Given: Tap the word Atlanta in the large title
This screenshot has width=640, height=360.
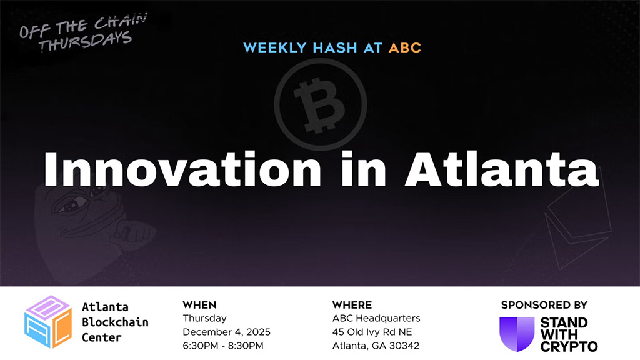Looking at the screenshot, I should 502,169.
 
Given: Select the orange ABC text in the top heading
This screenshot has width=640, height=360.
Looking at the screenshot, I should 405,47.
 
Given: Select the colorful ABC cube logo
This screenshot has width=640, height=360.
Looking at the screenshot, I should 47,322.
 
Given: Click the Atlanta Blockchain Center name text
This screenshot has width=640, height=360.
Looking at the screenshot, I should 115,322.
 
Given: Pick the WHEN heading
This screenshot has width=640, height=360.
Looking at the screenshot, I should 199,305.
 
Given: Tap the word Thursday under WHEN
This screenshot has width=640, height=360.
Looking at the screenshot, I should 204,319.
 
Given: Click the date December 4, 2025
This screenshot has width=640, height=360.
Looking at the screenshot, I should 226,332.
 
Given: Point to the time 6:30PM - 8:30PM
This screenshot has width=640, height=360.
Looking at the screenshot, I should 222,346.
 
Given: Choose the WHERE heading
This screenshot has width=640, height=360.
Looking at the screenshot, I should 352,305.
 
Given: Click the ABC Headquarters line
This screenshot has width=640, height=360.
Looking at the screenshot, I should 376,319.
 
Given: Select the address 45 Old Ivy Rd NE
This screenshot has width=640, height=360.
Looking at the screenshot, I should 372,332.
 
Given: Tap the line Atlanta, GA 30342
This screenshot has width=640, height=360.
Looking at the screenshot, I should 376,346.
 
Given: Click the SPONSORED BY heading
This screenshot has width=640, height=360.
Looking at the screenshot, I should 544,305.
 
